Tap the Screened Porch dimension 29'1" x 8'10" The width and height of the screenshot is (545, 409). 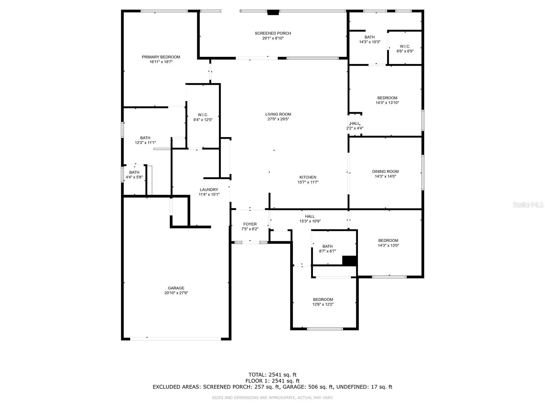point(272,39)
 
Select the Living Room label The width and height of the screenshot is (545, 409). point(278,114)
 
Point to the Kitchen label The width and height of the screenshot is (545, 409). point(308,177)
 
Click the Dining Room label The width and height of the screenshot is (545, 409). point(385,171)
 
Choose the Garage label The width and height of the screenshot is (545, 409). point(176,288)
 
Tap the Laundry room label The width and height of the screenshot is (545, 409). point(209,190)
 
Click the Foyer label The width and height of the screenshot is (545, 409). point(250,224)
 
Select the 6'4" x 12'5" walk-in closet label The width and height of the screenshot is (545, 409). point(203,120)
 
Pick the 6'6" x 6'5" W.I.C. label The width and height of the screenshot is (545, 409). point(405,51)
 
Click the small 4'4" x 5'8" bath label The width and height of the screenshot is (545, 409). point(134,177)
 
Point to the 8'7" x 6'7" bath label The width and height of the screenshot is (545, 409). point(327,251)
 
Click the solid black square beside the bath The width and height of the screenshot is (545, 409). point(349,260)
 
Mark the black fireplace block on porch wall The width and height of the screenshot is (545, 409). point(273,13)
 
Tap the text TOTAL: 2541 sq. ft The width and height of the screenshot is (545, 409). point(272,375)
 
